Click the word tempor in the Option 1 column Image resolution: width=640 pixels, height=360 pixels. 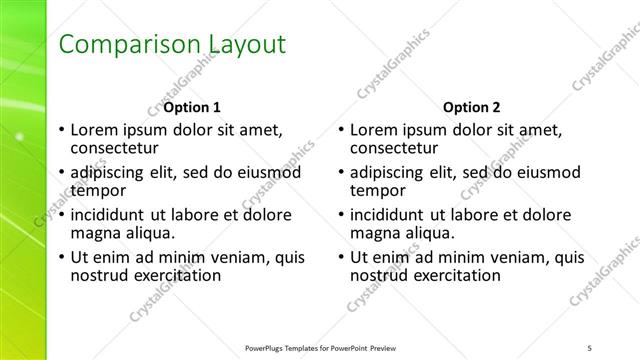pos(98,190)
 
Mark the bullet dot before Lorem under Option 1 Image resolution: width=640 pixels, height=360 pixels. pos(62,130)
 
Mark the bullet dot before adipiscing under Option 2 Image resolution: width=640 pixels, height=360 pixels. pos(341,172)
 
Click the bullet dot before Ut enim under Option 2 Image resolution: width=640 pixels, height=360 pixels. pos(341,257)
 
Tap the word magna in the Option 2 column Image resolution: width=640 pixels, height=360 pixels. pos(376,232)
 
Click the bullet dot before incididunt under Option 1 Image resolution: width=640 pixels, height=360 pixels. pos(62,214)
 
